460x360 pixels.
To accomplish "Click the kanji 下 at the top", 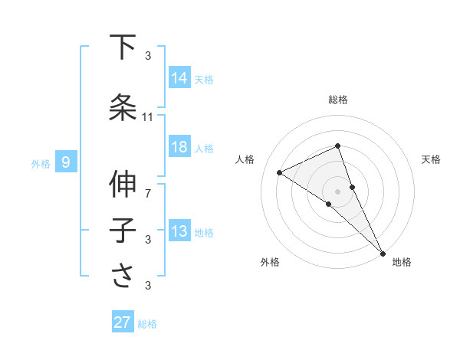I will click(x=123, y=47).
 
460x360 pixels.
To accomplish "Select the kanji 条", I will click(x=123, y=106).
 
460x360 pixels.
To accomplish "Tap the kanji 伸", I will click(x=123, y=185).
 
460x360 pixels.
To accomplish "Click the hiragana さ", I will click(x=123, y=275).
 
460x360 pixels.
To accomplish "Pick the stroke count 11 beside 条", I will click(x=148, y=117).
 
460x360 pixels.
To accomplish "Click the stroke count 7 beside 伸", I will click(x=148, y=193).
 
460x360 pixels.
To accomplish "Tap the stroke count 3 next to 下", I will click(x=148, y=56).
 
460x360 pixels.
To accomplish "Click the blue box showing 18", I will click(x=179, y=147).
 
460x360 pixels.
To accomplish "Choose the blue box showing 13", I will click(x=179, y=231).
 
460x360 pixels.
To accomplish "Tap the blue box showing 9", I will click(x=67, y=162).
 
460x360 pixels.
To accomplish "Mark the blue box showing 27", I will click(x=123, y=322).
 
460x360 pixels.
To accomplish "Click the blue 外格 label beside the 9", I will click(x=41, y=163).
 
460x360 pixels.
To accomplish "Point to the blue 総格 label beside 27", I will click(x=147, y=324).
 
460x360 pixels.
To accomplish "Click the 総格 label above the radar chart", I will click(x=337, y=100).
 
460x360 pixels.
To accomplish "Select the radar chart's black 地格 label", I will click(x=402, y=262).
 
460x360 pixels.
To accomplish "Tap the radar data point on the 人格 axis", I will click(x=280, y=172).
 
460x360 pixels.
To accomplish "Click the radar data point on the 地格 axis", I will click(x=383, y=253).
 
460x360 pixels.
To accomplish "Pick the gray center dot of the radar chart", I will click(x=337, y=191).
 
